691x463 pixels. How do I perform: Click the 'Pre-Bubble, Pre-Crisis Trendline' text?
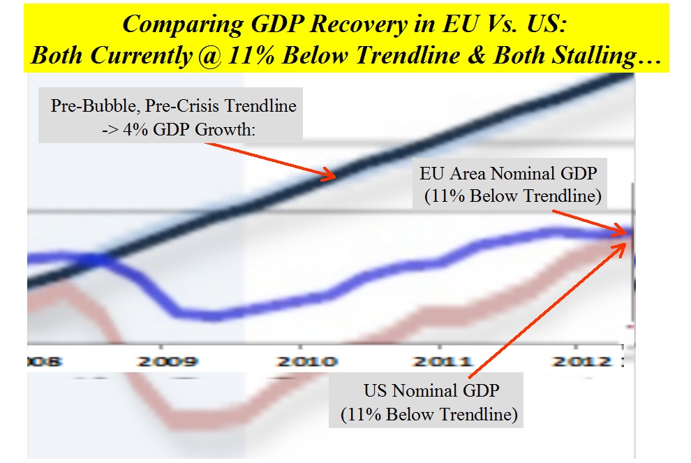pos(174,107)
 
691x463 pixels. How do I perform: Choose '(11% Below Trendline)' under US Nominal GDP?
pos(429,415)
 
